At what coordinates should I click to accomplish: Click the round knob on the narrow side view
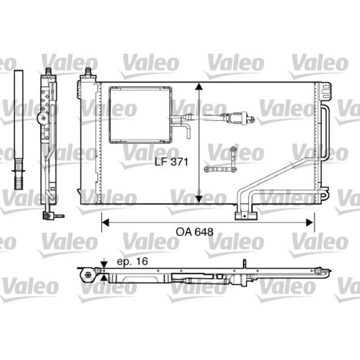point(42,118)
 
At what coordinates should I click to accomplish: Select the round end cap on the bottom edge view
point(87,276)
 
